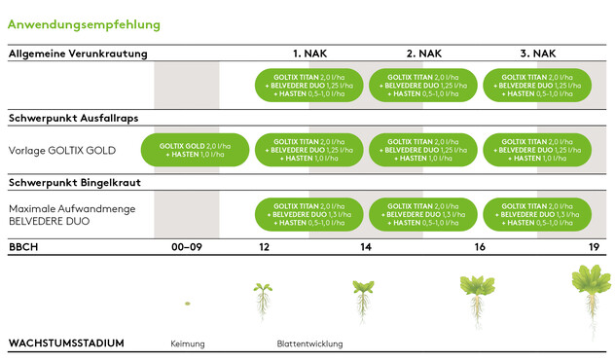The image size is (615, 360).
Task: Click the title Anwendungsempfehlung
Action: point(85,24)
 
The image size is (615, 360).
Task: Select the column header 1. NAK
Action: point(309,54)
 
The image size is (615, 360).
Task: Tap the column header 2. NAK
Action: point(424,54)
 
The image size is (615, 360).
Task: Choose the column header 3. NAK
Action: point(538,54)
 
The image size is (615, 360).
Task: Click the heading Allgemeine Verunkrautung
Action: point(77,54)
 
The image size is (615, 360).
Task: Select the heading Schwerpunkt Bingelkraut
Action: point(71,183)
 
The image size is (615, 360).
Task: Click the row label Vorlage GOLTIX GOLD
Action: point(62,150)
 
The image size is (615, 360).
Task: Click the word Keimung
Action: point(188,343)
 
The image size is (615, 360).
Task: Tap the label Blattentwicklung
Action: point(309,343)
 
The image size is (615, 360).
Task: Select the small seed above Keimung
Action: point(187,305)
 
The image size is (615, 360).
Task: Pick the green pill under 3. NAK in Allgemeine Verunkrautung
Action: point(538,85)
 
